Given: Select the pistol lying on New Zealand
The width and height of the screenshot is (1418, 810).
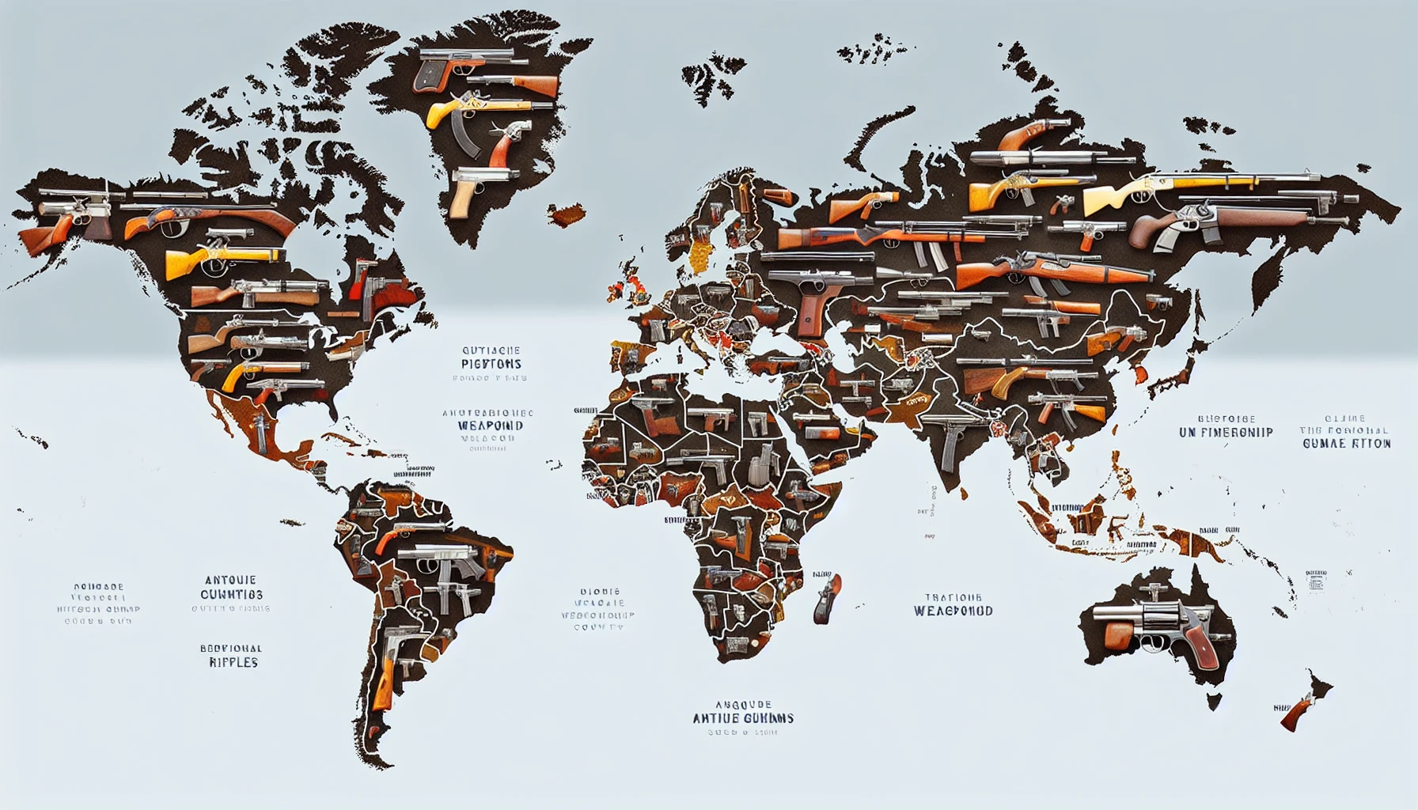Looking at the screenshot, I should [1298, 711].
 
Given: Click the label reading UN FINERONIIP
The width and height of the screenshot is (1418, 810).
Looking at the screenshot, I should [1225, 432].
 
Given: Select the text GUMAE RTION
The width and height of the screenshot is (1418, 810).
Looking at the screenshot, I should [1346, 444].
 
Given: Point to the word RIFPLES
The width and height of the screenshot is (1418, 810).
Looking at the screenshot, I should [233, 662].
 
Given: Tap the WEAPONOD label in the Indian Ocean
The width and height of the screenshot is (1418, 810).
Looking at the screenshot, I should [953, 611].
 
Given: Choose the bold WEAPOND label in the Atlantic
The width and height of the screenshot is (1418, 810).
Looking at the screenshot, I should [490, 426].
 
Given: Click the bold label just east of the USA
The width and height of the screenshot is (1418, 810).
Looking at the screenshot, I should [491, 364].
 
